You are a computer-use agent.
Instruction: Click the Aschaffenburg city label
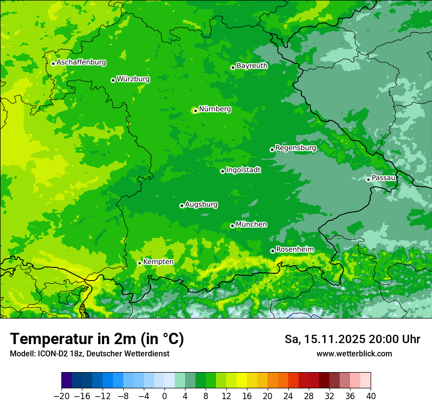tap(81, 62)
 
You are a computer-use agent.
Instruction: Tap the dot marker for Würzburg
tap(113, 80)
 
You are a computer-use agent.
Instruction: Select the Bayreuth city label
tap(252, 65)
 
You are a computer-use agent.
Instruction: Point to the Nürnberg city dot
tap(195, 111)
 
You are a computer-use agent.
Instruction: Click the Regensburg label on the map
tap(296, 147)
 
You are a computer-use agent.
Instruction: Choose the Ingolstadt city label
tap(243, 170)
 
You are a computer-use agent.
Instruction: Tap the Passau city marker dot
tap(368, 179)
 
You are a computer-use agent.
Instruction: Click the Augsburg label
tap(201, 204)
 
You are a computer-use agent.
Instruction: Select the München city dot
tap(232, 226)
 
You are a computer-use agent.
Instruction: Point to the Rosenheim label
tap(295, 249)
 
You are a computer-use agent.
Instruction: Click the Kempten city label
tap(158, 262)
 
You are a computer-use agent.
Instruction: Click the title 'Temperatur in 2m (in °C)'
tap(97, 339)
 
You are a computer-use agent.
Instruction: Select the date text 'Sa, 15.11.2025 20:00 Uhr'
tap(352, 339)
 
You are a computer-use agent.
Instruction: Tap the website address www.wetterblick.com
tap(354, 353)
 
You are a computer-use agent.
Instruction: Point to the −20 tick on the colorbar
tap(61, 396)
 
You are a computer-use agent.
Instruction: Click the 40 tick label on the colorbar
tap(371, 396)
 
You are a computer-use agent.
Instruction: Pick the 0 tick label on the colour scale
tap(164, 396)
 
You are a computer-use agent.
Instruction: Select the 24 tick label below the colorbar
tap(288, 396)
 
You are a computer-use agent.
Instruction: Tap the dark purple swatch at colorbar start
tap(67, 380)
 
